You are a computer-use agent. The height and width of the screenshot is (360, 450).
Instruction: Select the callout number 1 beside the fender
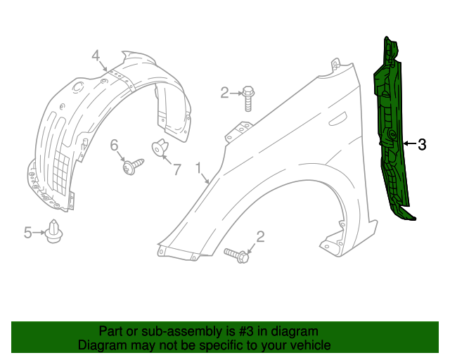coord(199,167)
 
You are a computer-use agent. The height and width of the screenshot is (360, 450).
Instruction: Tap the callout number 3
coord(422,145)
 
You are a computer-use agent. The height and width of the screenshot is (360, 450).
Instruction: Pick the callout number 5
coord(28,232)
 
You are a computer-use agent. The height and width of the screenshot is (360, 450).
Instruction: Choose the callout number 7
coord(177,169)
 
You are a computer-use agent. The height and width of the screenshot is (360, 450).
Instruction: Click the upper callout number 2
coord(225,92)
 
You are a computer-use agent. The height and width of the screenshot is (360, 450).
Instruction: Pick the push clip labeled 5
coord(53,231)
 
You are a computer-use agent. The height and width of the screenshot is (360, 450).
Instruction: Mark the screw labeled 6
coord(131,167)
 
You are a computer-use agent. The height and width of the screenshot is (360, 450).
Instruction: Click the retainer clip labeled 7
coord(160,148)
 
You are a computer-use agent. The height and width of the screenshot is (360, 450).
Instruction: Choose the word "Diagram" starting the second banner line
coord(102,345)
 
